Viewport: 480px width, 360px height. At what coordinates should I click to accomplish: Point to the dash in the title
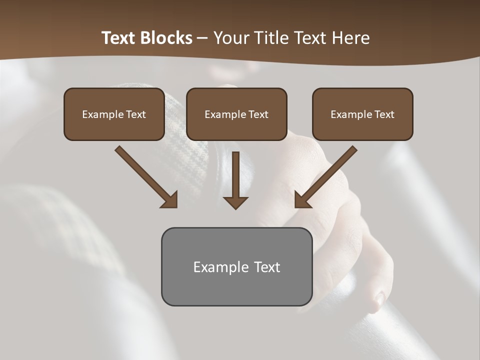tap(202, 38)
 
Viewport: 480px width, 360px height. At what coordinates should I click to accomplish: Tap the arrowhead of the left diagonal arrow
tap(170, 200)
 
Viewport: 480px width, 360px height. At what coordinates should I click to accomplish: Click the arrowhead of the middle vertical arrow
tap(235, 202)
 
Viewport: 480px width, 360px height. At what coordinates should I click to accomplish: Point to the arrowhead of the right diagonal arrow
tap(301, 200)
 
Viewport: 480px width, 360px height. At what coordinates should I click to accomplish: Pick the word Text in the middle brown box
tap(258, 114)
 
